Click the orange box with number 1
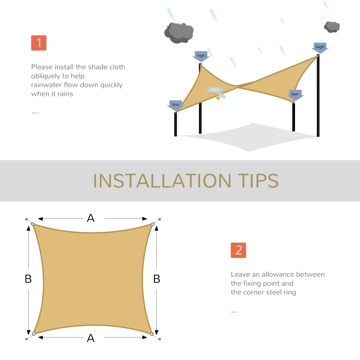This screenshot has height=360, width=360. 39,43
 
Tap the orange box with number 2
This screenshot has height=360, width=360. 238,250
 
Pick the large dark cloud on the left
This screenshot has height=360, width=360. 179,32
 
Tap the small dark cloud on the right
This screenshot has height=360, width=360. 332,27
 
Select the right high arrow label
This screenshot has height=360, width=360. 320,47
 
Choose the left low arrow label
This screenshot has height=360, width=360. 175,105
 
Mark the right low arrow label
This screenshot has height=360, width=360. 295,94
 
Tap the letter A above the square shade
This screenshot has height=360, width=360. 91,218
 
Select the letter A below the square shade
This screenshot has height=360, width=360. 91,338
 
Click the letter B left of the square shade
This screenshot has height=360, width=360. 28,279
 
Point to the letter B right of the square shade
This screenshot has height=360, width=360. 157,279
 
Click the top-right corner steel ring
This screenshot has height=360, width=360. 153,224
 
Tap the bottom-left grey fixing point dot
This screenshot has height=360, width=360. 27,339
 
